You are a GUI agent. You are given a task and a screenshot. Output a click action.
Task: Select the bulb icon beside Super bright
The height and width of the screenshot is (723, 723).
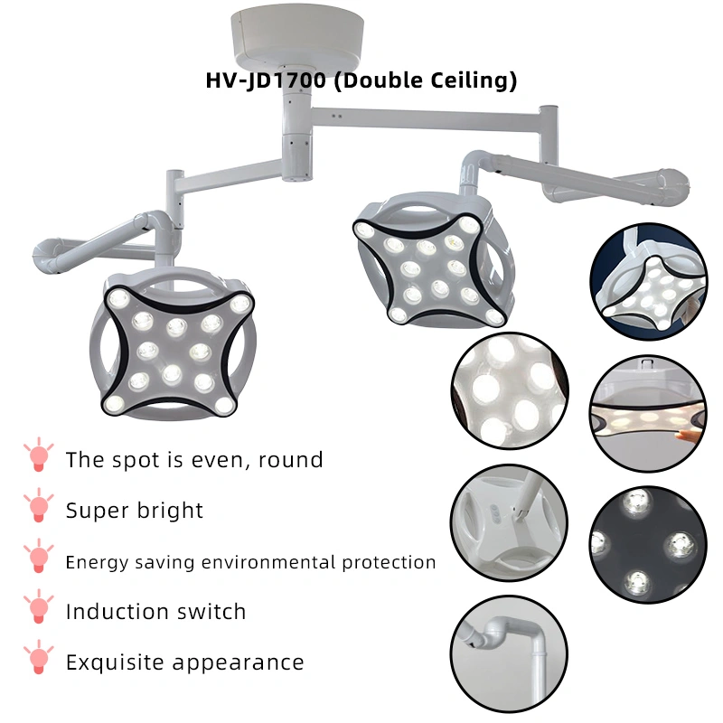point(37,508)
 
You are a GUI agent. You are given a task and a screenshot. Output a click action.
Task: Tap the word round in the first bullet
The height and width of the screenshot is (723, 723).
point(290,460)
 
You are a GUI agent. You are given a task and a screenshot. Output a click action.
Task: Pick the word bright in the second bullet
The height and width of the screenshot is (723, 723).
point(171,511)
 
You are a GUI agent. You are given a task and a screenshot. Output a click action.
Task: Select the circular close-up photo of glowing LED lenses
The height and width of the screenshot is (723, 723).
point(510,392)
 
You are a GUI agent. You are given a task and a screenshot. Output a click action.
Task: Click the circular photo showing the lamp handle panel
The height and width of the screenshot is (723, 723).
point(510,522)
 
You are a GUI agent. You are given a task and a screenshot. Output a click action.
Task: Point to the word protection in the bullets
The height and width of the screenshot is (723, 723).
point(388,562)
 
